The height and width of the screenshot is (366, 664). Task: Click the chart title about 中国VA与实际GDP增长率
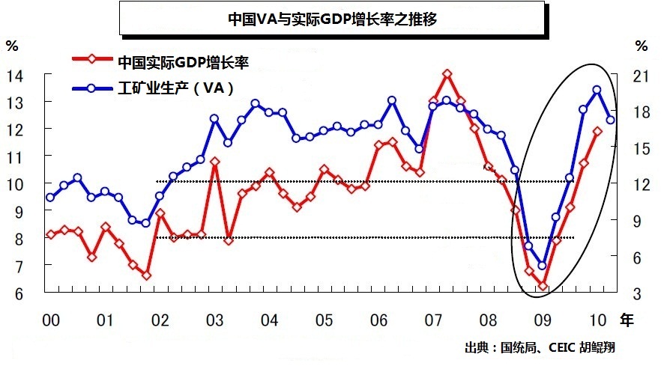(x=332, y=18)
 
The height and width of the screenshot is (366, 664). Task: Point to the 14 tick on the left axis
(x=16, y=75)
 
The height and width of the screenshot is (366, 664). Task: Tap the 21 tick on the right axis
(x=640, y=75)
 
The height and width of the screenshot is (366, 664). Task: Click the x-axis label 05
(x=323, y=320)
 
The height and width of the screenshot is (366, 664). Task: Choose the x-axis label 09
(x=543, y=320)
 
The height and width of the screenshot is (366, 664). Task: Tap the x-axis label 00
(x=50, y=320)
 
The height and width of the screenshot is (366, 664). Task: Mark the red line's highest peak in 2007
(x=447, y=73)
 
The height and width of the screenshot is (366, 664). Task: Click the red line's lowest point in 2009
(x=543, y=285)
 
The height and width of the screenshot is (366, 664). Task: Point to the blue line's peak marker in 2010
(x=597, y=90)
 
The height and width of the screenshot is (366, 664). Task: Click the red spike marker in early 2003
(x=214, y=161)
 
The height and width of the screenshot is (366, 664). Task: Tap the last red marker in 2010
(x=597, y=131)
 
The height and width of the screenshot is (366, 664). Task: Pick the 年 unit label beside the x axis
(x=626, y=320)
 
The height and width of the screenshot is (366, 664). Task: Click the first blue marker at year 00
(x=50, y=198)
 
